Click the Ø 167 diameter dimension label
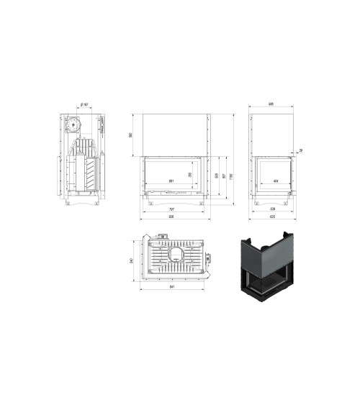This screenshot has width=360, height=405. (86, 105)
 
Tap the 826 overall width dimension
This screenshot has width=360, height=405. (171, 218)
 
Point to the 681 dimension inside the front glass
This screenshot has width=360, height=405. (171, 180)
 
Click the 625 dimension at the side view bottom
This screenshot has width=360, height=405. (271, 218)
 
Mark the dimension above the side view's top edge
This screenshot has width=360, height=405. (271, 105)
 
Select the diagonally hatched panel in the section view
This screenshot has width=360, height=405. (90, 173)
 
